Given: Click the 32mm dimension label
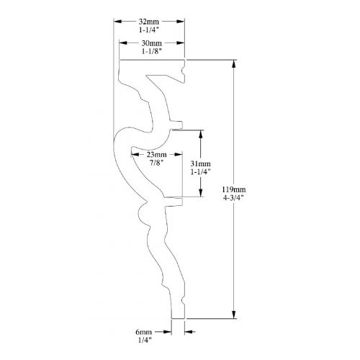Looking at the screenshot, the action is pyautogui.click(x=149, y=22).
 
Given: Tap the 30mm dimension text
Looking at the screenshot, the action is pyautogui.click(x=151, y=43).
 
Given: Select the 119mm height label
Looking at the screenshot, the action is pyautogui.click(x=234, y=189).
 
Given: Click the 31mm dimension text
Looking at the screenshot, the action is pyautogui.click(x=201, y=163).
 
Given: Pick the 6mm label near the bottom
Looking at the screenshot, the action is pyautogui.click(x=144, y=332).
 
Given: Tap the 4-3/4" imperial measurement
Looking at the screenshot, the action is pyautogui.click(x=233, y=198).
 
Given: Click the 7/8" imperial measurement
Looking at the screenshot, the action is pyautogui.click(x=156, y=163).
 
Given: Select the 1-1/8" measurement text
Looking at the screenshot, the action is pyautogui.click(x=152, y=51).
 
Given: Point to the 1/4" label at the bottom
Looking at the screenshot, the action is pyautogui.click(x=145, y=340).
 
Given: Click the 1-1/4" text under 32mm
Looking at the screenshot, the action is pyautogui.click(x=149, y=30).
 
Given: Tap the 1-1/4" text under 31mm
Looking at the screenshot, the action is pyautogui.click(x=201, y=172).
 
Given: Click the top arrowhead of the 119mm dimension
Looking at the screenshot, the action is pyautogui.click(x=234, y=64).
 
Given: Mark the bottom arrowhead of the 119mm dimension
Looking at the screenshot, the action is pyautogui.click(x=234, y=315).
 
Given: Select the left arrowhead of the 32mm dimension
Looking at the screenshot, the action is pyautogui.click(x=117, y=22).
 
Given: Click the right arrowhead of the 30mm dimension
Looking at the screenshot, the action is pyautogui.click(x=180, y=43).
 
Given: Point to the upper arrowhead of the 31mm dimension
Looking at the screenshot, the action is pyautogui.click(x=201, y=135).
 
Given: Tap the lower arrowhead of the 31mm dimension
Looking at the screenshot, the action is pyautogui.click(x=201, y=193).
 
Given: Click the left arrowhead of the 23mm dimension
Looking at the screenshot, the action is pyautogui.click(x=135, y=155).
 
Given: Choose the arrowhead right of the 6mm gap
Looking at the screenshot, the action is pyautogui.click(x=189, y=332).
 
